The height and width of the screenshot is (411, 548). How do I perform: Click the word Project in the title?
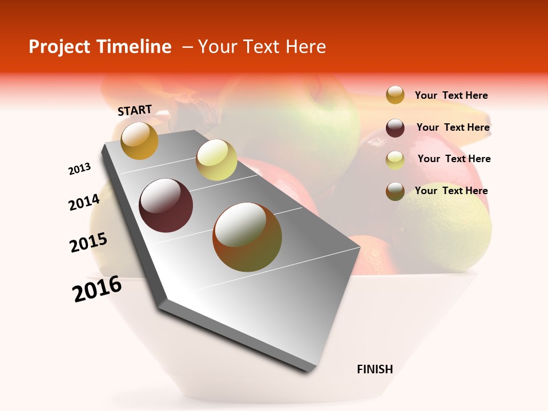[x=60, y=47]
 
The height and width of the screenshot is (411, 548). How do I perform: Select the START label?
[x=135, y=110]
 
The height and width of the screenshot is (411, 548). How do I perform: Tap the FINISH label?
[x=374, y=369]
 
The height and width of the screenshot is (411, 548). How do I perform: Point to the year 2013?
[x=79, y=168]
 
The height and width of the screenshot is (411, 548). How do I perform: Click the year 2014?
[x=84, y=202]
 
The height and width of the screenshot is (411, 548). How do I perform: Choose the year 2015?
[x=88, y=243]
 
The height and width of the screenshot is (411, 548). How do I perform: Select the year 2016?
[x=97, y=288]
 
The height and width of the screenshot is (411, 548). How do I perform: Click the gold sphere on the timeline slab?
[x=139, y=140]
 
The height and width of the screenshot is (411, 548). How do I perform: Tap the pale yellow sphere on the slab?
[x=216, y=160]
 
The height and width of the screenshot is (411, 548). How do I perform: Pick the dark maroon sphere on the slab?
[x=166, y=205]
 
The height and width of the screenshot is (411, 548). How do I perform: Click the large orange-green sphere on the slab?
[x=247, y=237]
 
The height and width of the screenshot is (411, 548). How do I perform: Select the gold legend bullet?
[x=395, y=95]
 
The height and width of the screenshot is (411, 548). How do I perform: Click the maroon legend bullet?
[x=395, y=128]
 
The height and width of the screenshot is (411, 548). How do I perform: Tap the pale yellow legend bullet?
[x=395, y=160]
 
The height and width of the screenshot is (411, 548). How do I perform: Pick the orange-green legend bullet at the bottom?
[x=395, y=191]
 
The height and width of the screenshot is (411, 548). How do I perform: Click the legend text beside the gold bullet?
[x=451, y=96]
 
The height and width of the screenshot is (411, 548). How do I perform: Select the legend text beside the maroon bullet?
[x=453, y=127]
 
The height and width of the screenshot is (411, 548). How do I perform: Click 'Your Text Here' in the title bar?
[x=261, y=47]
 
